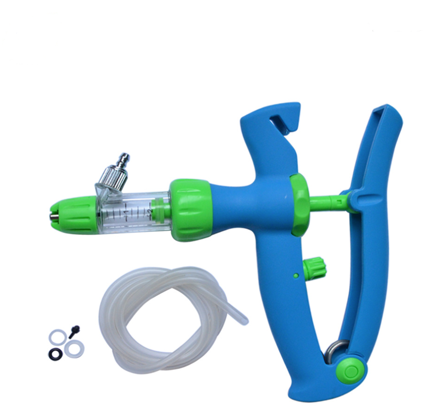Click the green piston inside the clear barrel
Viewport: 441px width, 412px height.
pos(158,210)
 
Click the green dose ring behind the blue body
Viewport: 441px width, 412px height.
pos(300,205)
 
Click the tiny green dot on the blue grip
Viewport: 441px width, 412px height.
pos(296,275)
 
